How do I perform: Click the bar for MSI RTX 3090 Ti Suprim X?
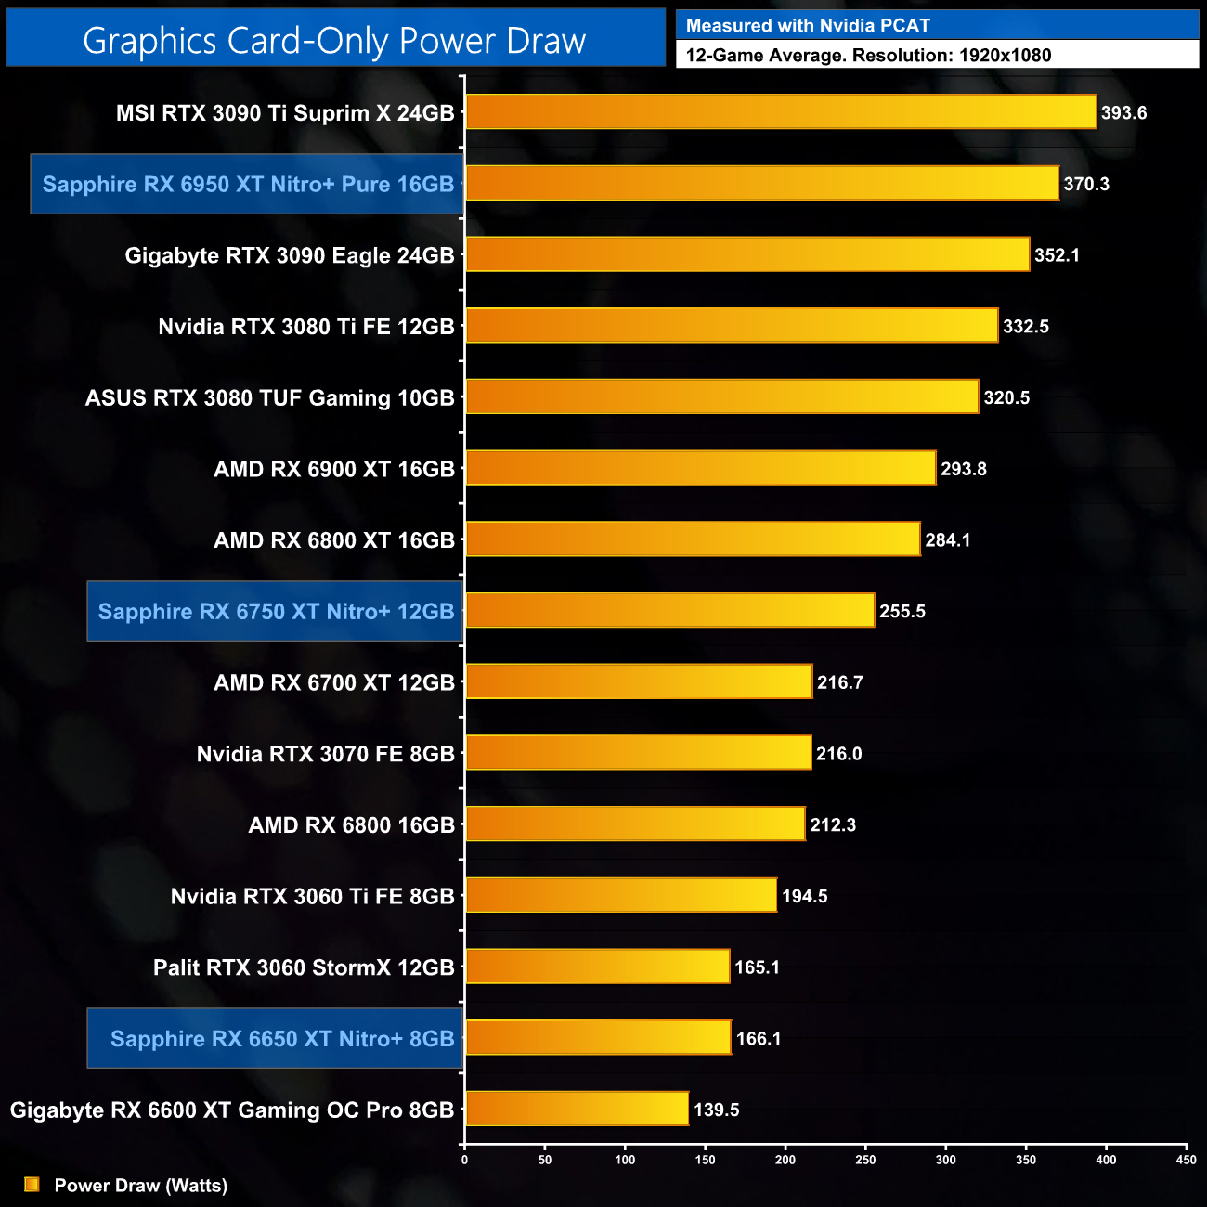(780, 112)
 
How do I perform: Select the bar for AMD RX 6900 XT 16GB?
(700, 468)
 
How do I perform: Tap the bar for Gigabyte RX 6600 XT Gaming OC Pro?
(577, 1109)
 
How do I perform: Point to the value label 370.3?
(1086, 184)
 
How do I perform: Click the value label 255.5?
(902, 611)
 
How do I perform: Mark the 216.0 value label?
(839, 754)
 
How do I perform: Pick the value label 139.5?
(717, 1110)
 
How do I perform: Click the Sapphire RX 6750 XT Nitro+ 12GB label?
(276, 611)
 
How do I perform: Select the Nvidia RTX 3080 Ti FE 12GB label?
(306, 327)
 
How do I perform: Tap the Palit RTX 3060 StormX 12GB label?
(304, 967)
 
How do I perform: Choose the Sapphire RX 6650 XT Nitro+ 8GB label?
(282, 1038)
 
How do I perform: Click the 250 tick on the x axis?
(865, 1159)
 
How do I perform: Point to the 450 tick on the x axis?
(1186, 1159)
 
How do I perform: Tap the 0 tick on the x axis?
(464, 1159)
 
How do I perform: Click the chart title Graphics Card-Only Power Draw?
(334, 41)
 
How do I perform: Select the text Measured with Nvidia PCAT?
(808, 26)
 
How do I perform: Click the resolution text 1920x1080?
(1005, 55)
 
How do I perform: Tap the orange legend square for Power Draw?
(32, 1185)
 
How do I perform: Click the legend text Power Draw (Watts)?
(141, 1186)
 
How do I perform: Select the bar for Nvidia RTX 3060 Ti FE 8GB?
(620, 895)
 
